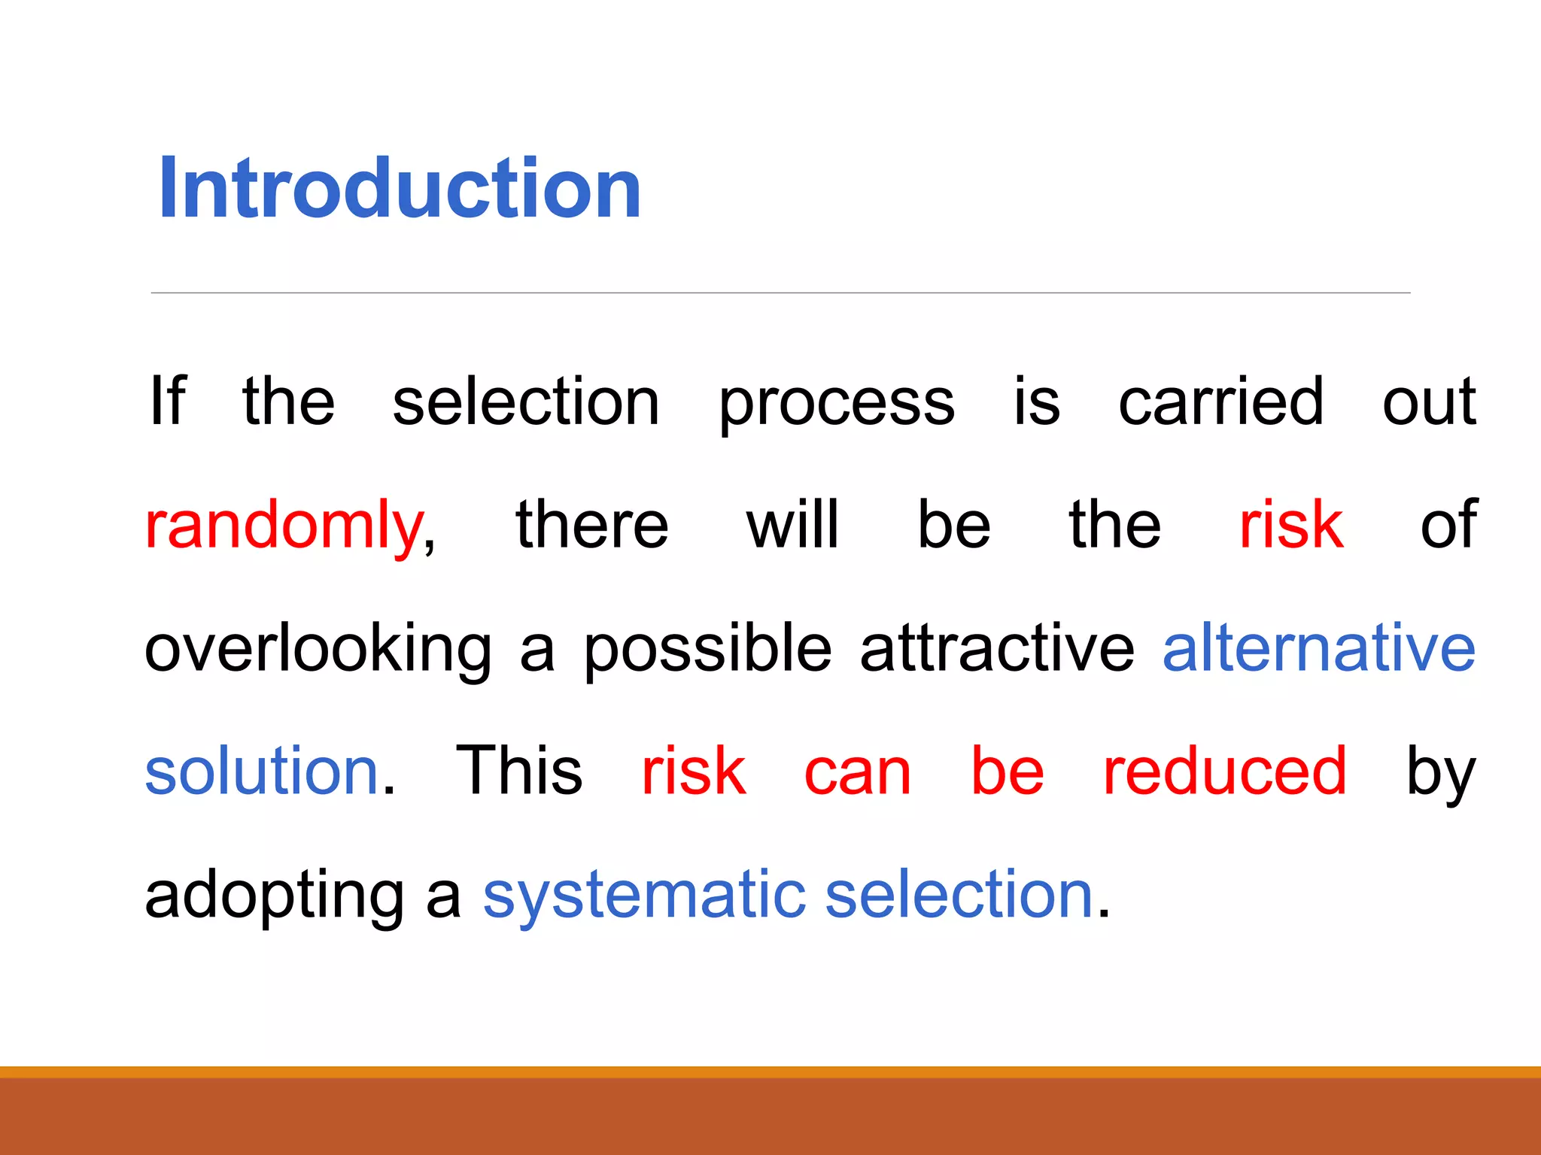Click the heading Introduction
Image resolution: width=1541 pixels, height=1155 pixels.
pyautogui.click(x=400, y=188)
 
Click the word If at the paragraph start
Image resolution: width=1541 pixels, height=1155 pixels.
pyautogui.click(x=167, y=402)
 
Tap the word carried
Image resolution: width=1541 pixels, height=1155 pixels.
pyautogui.click(x=1220, y=402)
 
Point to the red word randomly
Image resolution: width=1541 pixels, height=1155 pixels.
pyautogui.click(x=284, y=526)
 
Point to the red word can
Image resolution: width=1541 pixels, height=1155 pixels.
pyautogui.click(x=857, y=773)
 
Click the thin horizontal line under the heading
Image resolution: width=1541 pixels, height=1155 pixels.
pyautogui.click(x=780, y=293)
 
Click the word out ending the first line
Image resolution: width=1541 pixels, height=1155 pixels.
pyautogui.click(x=1429, y=402)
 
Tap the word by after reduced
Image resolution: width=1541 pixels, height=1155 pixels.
pyautogui.click(x=1440, y=773)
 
